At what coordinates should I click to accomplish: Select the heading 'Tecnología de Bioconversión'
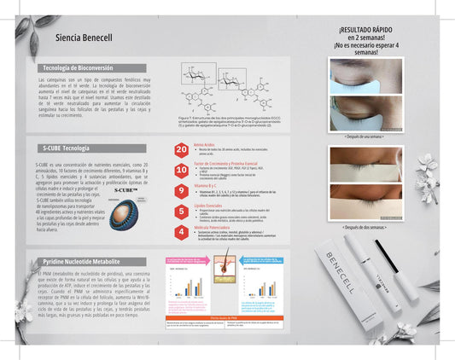click(x=79, y=67)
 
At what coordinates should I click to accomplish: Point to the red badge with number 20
click(x=181, y=150)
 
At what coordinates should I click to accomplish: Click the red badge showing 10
click(x=181, y=170)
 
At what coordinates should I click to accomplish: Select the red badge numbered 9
click(x=181, y=191)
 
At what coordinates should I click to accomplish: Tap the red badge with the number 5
click(x=181, y=211)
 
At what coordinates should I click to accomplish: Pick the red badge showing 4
click(x=181, y=231)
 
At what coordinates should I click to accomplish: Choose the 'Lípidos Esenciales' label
click(x=211, y=206)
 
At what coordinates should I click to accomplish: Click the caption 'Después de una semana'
click(x=366, y=136)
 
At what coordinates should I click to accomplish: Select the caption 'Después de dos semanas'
click(x=366, y=227)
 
